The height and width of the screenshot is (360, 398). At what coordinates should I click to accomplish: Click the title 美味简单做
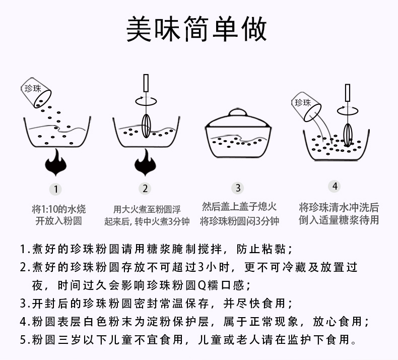(196, 30)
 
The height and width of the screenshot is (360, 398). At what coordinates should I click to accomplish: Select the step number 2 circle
(145, 189)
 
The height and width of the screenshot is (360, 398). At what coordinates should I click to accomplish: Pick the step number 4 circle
(335, 186)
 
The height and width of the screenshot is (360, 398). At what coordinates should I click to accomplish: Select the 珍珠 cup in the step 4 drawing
(306, 104)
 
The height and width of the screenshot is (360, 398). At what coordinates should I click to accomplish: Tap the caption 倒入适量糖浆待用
(338, 220)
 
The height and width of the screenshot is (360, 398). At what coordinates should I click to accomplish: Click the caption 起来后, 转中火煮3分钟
(147, 221)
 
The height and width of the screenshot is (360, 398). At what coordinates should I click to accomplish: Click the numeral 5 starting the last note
(23, 339)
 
